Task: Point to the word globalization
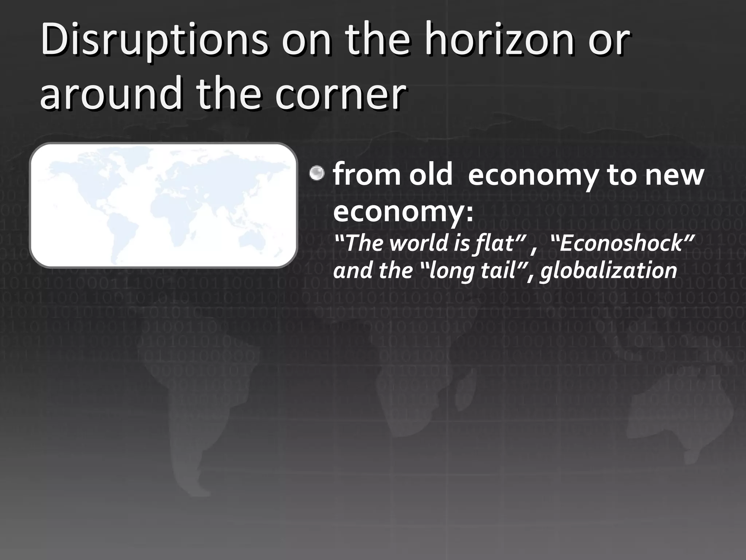point(608,271)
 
